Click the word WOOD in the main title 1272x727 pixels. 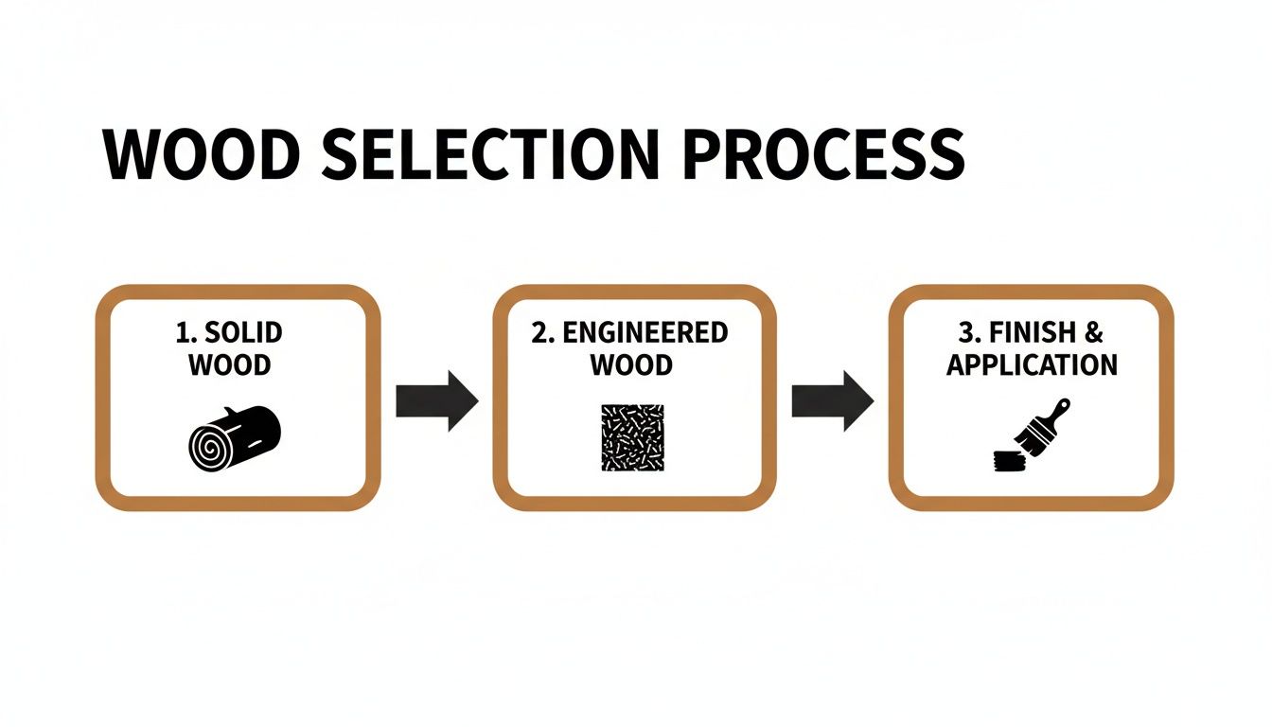pyautogui.click(x=202, y=154)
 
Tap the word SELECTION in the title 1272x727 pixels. pyautogui.click(x=490, y=154)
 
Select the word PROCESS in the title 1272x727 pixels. pyautogui.click(x=824, y=154)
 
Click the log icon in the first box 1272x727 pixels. pyautogui.click(x=235, y=438)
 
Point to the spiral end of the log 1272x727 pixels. pyautogui.click(x=209, y=448)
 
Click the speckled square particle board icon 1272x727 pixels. pyautogui.click(x=632, y=437)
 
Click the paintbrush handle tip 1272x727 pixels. pyautogui.click(x=1065, y=403)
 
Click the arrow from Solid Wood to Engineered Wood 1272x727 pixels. pyautogui.click(x=436, y=401)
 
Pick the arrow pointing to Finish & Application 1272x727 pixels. pyautogui.click(x=833, y=401)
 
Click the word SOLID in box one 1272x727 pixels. pyautogui.click(x=243, y=332)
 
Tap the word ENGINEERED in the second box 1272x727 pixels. pyautogui.click(x=645, y=332)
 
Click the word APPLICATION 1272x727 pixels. pyautogui.click(x=1032, y=364)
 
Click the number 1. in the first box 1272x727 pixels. pyautogui.click(x=186, y=332)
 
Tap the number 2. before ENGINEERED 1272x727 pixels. pyautogui.click(x=543, y=332)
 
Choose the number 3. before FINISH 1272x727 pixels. pyautogui.click(x=970, y=332)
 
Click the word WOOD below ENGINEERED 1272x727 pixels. pyautogui.click(x=631, y=364)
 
